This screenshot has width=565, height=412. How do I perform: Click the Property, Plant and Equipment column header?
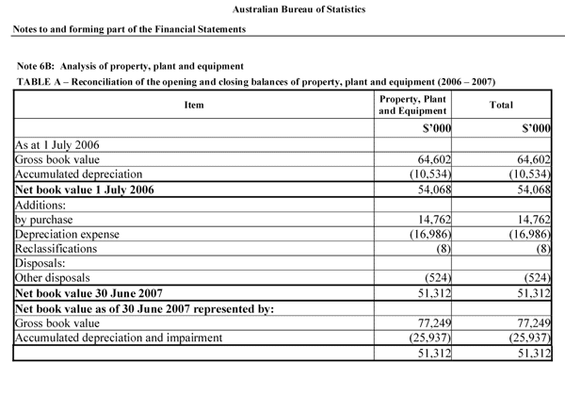[412, 105]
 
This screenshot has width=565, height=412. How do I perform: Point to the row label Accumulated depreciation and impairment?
[118, 338]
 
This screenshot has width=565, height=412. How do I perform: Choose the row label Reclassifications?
[56, 248]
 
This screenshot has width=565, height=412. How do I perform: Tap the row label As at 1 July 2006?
[58, 146]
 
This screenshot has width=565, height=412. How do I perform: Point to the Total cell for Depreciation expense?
[525, 234]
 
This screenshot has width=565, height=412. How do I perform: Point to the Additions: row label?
[41, 205]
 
